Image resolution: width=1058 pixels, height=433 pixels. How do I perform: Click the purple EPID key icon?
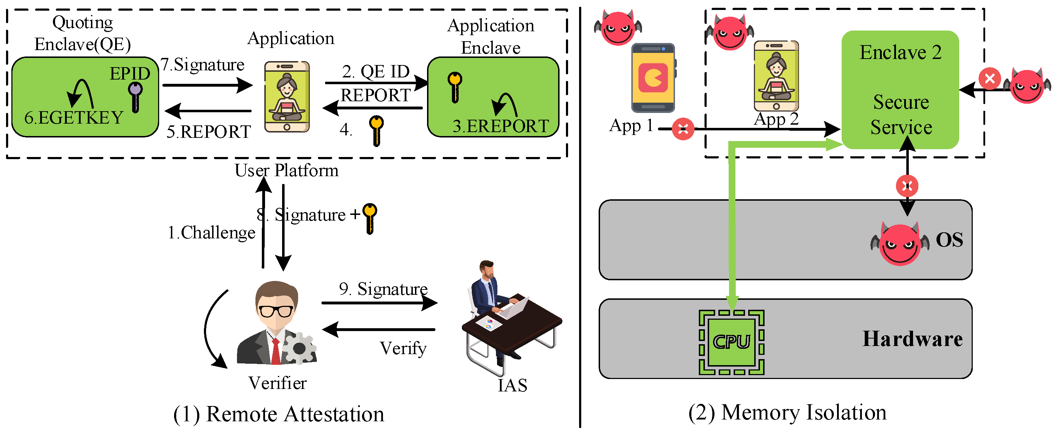135,96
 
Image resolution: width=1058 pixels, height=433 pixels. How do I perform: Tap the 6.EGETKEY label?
74,118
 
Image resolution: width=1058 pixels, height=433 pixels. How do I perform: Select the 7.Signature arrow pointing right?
207,85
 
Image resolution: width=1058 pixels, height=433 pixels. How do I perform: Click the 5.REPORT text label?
209,132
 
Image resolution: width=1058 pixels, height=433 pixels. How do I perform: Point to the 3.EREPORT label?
501,126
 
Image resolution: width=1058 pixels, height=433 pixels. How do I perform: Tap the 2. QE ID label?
376,72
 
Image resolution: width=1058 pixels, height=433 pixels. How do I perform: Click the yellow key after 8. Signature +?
369,218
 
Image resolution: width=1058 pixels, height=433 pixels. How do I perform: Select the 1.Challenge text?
211,233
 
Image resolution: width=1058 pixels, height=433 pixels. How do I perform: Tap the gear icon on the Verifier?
299,348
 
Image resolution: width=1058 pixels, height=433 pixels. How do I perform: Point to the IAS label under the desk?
512,385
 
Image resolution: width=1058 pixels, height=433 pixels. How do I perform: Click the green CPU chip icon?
732,342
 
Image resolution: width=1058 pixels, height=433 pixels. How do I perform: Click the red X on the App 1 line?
683,129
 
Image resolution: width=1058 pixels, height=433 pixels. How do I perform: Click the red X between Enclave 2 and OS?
907,186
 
